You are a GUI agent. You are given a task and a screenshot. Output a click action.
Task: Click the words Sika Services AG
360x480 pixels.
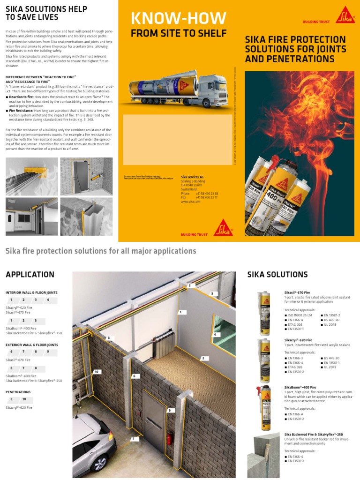[192, 177]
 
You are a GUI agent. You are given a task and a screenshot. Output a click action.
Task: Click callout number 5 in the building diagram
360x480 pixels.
[189, 285]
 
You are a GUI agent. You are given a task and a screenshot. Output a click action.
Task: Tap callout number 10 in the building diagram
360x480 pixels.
[97, 372]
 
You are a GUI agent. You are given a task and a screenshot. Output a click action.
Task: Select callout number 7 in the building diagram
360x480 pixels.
[133, 439]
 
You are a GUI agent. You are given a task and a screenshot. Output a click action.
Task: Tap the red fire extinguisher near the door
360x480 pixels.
[169, 439]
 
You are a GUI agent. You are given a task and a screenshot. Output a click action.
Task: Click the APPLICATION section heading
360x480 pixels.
[30, 275]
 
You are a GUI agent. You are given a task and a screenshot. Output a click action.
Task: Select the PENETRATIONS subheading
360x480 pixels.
[18, 392]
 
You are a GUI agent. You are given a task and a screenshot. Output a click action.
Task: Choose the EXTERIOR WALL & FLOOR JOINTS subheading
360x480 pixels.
[32, 345]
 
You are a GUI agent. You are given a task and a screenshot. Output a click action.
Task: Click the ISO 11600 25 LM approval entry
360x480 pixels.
[299, 316]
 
